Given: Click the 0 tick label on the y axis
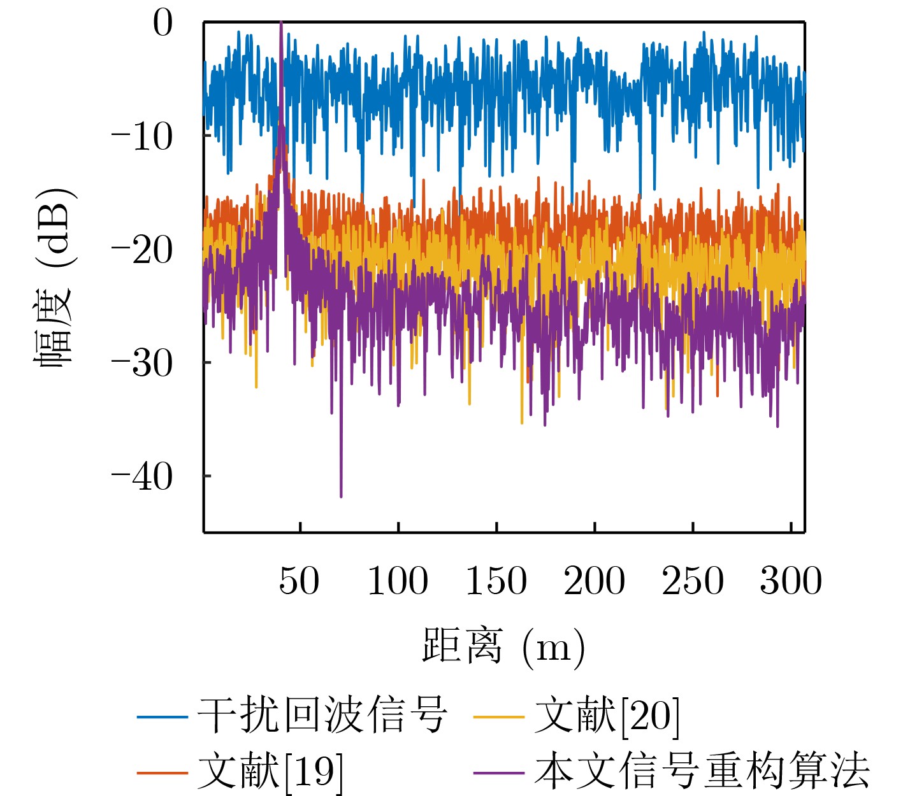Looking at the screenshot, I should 163,24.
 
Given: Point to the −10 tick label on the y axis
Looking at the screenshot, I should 142,137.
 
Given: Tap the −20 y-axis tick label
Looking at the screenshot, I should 142,250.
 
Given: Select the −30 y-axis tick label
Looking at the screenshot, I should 142,364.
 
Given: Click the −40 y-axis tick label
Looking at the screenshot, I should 142,476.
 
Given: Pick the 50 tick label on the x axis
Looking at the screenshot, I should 299,581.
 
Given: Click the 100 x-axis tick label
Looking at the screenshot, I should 398,581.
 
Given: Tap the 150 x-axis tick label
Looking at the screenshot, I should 496,581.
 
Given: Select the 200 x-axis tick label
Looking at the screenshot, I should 594,581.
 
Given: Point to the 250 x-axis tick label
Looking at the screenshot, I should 692,581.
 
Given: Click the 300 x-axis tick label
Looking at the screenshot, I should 790,581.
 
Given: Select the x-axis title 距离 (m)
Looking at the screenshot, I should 503,647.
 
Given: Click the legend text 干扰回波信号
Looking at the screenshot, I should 322,715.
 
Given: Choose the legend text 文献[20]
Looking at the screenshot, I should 607,715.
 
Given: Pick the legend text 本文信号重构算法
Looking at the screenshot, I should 702,771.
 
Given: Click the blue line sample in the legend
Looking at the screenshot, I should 163,717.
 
